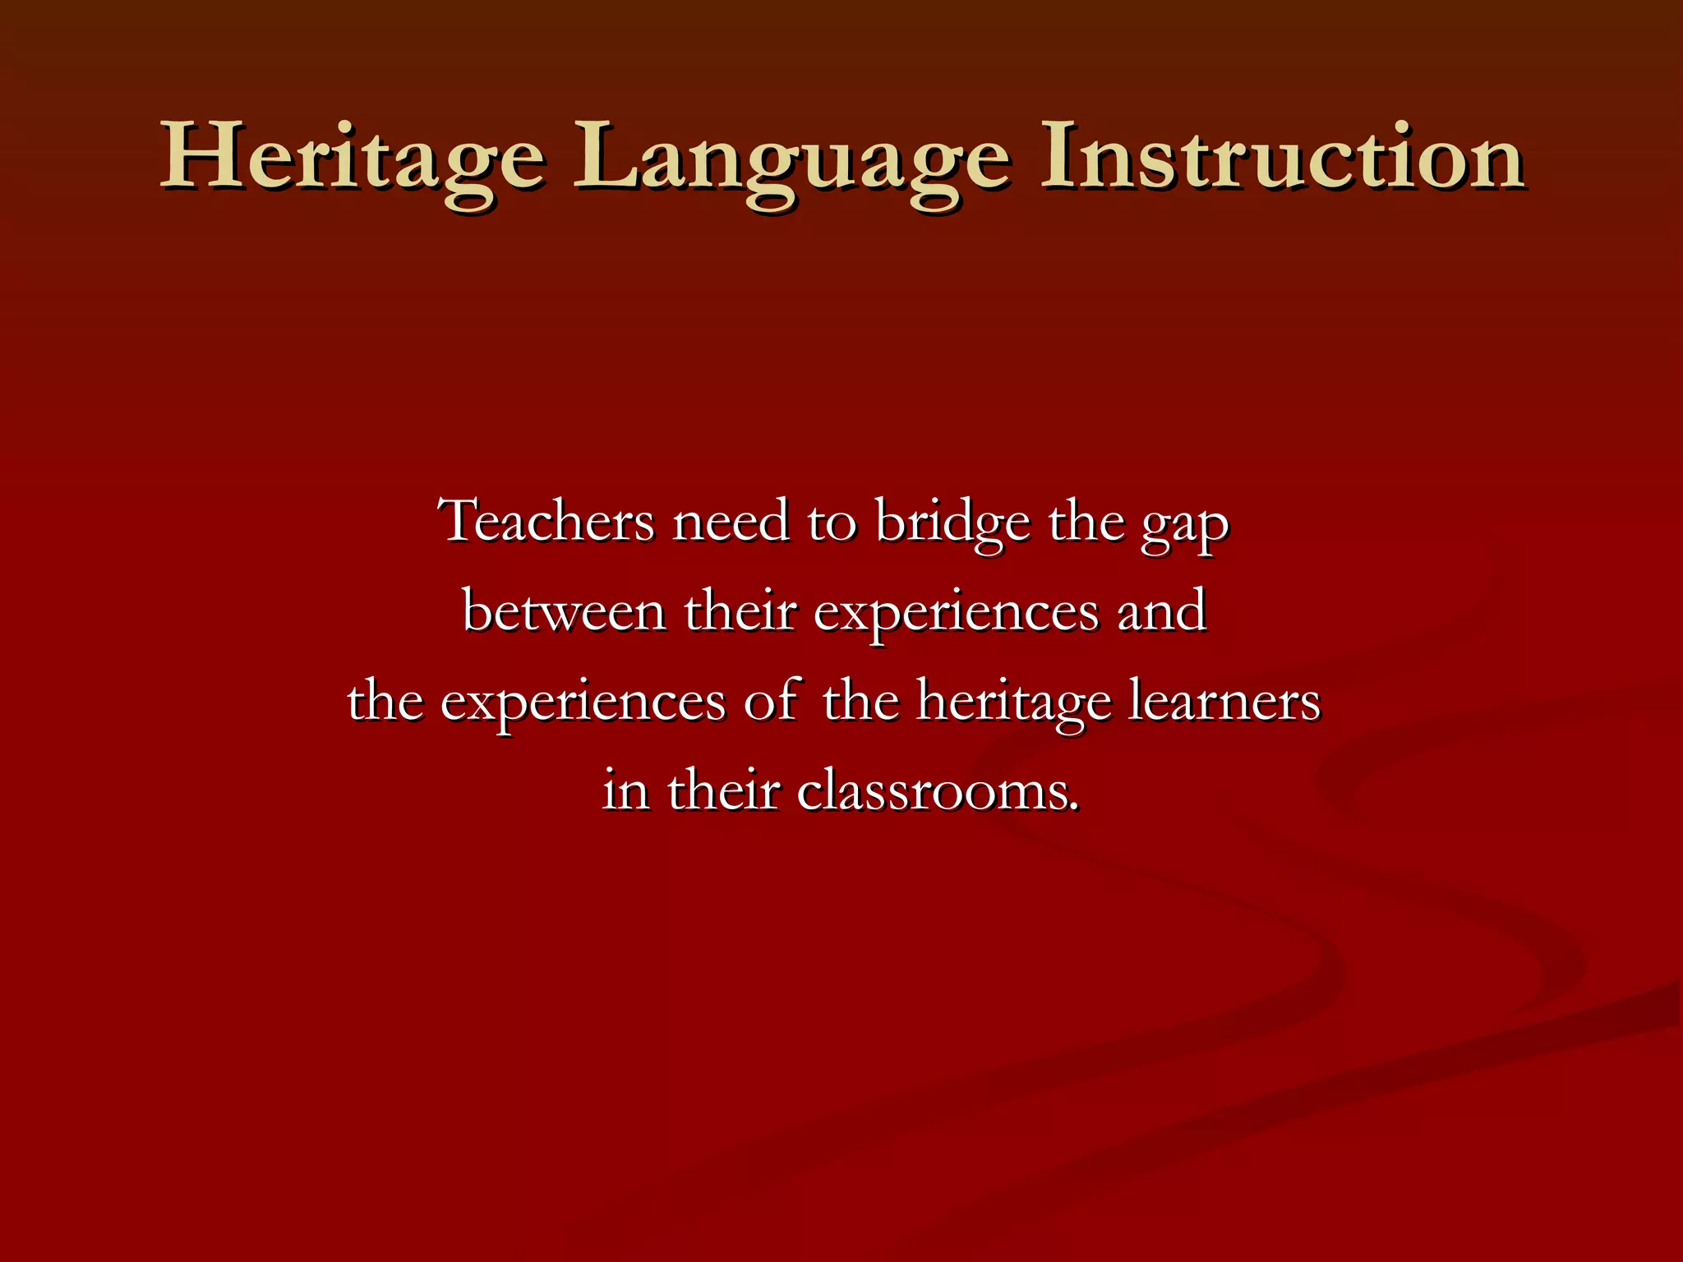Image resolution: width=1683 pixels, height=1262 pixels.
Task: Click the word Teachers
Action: click(548, 521)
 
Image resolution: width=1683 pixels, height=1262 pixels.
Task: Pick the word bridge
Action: click(952, 521)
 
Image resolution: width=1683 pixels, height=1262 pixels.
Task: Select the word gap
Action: click(1183, 526)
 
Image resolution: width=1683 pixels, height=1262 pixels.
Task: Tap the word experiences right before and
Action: click(956, 615)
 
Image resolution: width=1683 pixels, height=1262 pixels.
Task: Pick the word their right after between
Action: click(740, 611)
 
